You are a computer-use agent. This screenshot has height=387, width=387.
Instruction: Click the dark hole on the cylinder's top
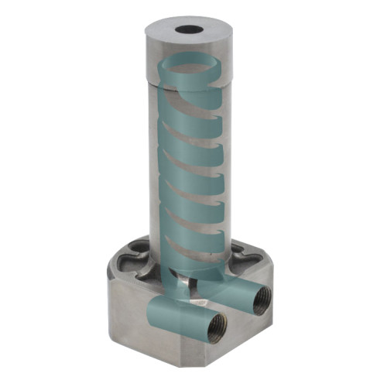(x=189, y=30)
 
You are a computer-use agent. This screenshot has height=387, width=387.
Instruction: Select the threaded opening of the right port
(x=262, y=297)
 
